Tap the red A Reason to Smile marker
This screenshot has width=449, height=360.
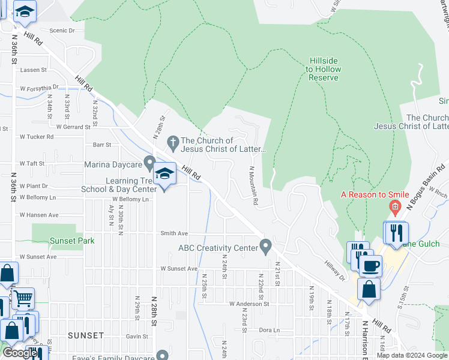[x=394, y=208]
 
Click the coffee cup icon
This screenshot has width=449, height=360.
[x=370, y=265]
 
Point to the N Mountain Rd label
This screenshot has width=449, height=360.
[x=252, y=185]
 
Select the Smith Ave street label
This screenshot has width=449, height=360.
[x=174, y=233]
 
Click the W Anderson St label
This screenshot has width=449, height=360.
[x=249, y=304]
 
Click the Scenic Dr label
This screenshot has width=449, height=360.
[x=62, y=30]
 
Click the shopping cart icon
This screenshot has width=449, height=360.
[x=23, y=298]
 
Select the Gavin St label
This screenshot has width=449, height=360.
[x=137, y=337]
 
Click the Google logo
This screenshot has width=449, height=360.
[x=19, y=353]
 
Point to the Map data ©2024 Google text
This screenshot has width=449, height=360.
[x=411, y=355]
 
